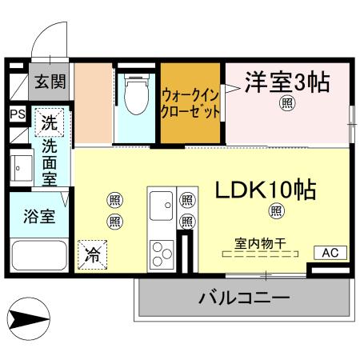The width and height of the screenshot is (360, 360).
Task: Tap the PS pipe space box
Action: click(17, 114)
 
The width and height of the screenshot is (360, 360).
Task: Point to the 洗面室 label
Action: click(50, 162)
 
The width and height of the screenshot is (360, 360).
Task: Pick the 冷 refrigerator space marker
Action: click(93, 255)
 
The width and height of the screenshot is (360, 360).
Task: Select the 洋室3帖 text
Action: click(287, 82)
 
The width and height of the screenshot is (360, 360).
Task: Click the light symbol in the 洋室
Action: click(286, 103)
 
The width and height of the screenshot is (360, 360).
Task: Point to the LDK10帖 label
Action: click(265, 190)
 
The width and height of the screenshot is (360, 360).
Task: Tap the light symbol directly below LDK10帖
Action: click(276, 211)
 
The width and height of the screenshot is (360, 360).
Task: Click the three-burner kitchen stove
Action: click(162, 251)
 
